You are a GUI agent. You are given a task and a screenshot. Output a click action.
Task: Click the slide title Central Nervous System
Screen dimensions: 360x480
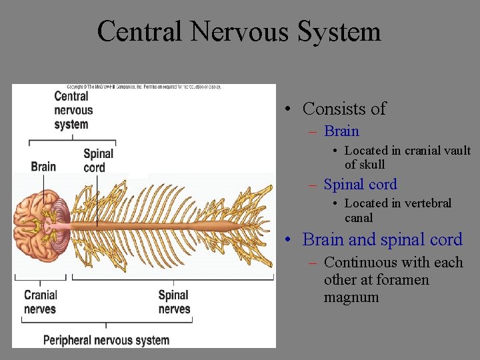pos(239,31)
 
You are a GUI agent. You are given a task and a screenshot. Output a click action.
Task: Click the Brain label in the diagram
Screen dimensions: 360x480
pos(43,166)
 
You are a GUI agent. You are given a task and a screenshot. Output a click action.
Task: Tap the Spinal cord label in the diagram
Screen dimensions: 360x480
pos(98,160)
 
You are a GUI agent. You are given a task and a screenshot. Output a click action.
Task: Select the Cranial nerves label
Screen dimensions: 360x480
pos(41,301)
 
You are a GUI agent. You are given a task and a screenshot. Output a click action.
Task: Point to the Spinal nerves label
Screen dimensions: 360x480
pos(174,301)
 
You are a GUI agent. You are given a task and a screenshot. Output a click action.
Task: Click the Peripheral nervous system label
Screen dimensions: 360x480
pos(106,340)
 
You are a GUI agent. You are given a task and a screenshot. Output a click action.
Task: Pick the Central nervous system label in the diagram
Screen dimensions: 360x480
pos(73,110)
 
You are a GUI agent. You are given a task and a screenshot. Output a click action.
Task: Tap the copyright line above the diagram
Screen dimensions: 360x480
pos(143,87)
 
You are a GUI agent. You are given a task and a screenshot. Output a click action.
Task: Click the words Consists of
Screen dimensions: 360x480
pos(344,109)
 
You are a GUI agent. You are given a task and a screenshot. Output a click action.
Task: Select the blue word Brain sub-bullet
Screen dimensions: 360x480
pos(341,131)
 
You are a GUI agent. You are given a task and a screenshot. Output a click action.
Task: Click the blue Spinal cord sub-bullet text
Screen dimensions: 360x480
pos(360,185)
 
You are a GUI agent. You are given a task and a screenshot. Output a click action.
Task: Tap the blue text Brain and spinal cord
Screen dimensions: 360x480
pos(382,239)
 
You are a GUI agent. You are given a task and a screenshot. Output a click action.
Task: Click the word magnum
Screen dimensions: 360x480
pos(351,297)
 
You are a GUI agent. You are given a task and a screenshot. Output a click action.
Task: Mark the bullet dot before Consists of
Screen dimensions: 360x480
pos(285,109)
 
